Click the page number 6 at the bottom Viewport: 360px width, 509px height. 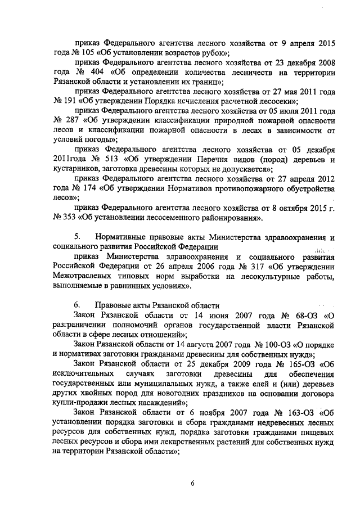(x=192, y=483)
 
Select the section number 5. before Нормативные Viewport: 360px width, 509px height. (x=78, y=237)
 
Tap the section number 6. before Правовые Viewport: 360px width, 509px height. (x=78, y=305)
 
